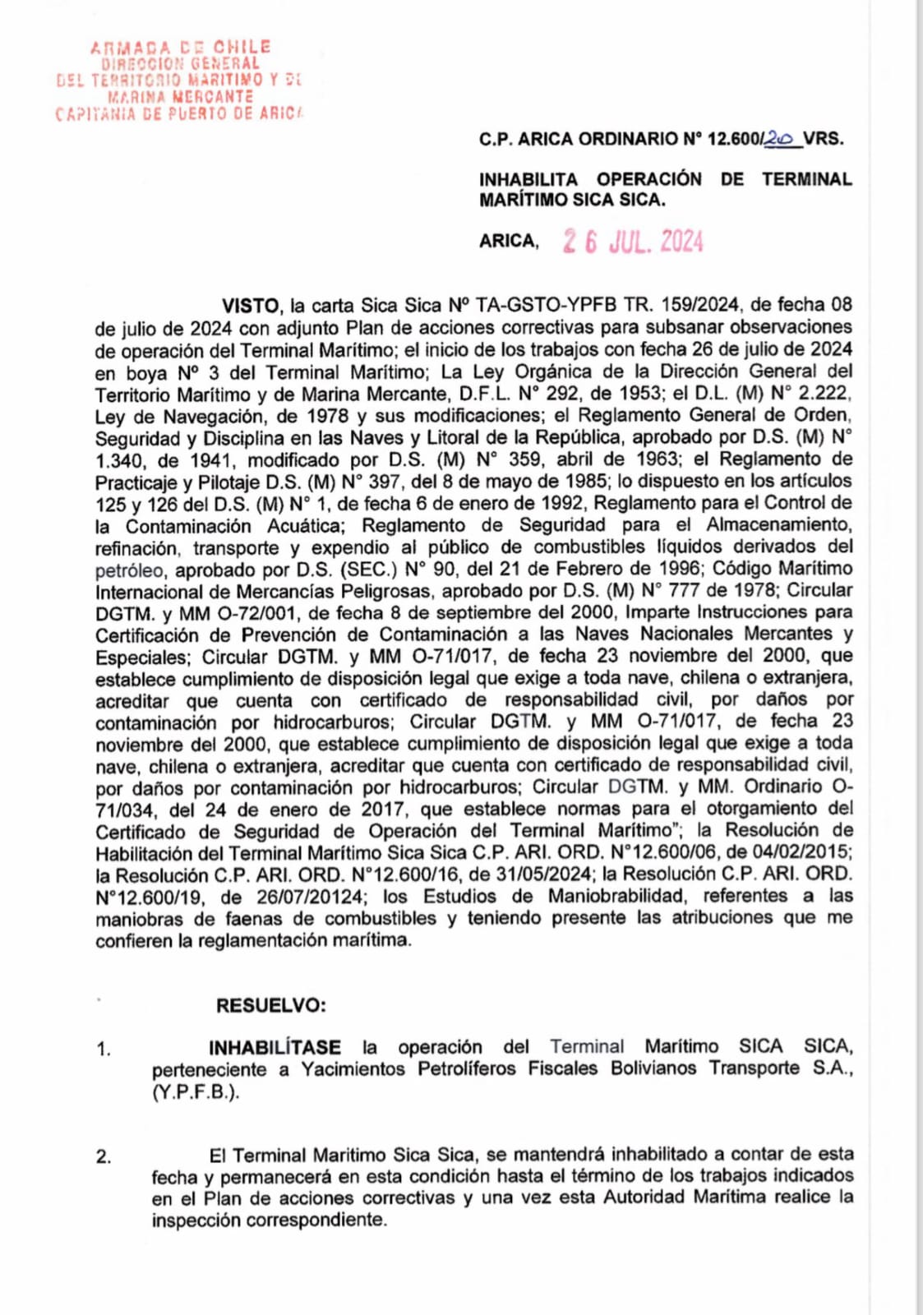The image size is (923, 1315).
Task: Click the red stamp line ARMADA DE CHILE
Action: pyautogui.click(x=180, y=48)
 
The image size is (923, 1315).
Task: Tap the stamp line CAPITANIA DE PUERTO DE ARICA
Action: pyautogui.click(x=179, y=113)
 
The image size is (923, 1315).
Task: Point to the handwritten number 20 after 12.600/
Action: pyautogui.click(x=779, y=139)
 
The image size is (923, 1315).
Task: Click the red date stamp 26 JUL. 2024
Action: pyautogui.click(x=633, y=241)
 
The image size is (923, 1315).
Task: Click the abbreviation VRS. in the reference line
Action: pyautogui.click(x=823, y=139)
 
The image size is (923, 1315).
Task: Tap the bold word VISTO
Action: pyautogui.click(x=251, y=306)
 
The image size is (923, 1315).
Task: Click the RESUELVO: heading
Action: pyautogui.click(x=270, y=1005)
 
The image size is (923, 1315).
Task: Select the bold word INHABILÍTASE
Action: pyautogui.click(x=275, y=1047)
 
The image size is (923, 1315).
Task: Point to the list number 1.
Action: pyautogui.click(x=103, y=1049)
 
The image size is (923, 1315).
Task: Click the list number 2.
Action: pyautogui.click(x=103, y=1157)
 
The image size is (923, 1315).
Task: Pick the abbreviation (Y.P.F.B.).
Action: pyautogui.click(x=196, y=1092)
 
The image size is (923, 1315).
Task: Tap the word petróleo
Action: pyautogui.click(x=130, y=570)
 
